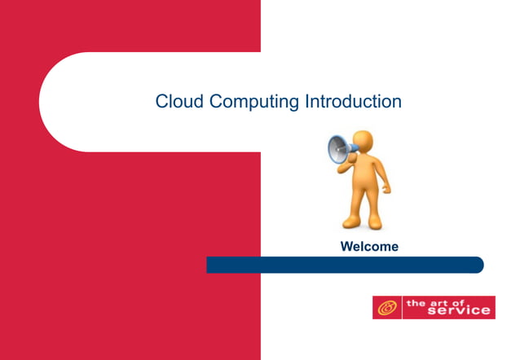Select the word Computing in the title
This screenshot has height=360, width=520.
coord(253,103)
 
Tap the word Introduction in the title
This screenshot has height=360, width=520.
coord(353,102)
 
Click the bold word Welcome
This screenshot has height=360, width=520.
coord(369,247)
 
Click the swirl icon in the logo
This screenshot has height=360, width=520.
coord(387,308)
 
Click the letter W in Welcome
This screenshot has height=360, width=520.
coord(346,247)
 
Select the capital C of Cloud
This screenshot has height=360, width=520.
coord(161,102)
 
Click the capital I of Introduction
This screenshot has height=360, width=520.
coord(306,102)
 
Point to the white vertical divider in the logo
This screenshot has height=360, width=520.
coord(403,308)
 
